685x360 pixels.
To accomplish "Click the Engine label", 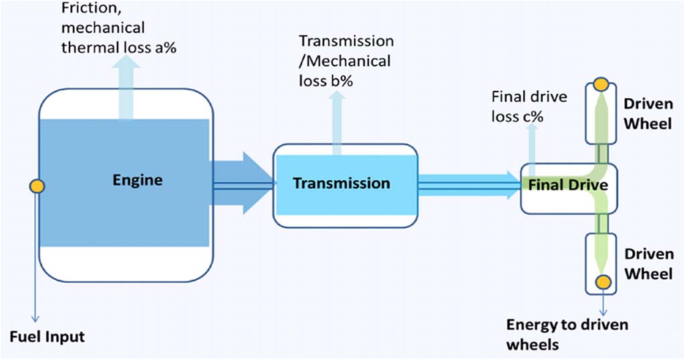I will tap(137, 180).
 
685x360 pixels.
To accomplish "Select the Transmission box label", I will tap(341, 183).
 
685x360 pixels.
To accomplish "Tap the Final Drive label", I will tap(569, 185).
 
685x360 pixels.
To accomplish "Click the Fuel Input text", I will tap(47, 336).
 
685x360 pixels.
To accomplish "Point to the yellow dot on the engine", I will tap(37, 186).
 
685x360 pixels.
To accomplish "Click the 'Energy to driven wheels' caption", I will tap(567, 334).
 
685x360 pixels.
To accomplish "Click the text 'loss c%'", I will tap(517, 116).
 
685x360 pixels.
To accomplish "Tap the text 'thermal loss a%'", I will tap(118, 47).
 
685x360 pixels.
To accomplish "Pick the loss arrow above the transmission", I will tap(337, 120).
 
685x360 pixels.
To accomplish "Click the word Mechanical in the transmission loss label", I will tap(348, 61).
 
